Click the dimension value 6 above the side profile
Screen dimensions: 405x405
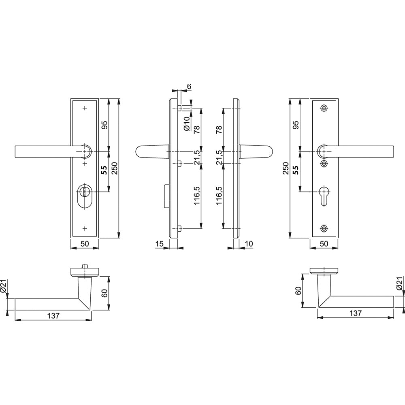click(x=189, y=87)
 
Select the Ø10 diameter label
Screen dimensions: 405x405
click(x=187, y=124)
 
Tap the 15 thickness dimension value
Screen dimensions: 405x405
click(x=160, y=243)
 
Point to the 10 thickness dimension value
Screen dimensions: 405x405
click(x=249, y=243)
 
